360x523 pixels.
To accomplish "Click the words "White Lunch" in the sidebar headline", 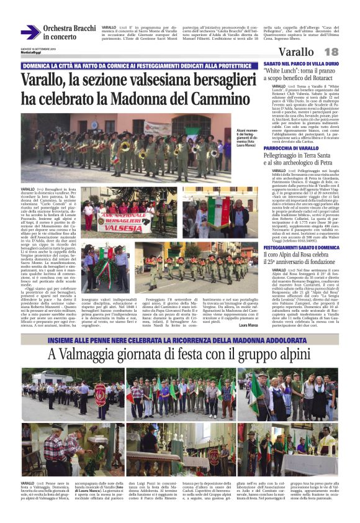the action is point(282,72).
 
